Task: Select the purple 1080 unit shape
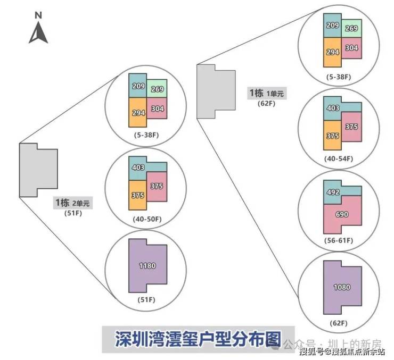(x=342, y=287)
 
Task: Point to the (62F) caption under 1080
(x=339, y=323)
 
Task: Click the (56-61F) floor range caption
(x=339, y=241)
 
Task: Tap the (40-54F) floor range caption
(x=339, y=158)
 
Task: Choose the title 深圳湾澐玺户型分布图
(x=198, y=339)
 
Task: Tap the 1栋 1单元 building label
(x=266, y=94)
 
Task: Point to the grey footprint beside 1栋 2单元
(x=38, y=169)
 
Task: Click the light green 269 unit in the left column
(x=157, y=89)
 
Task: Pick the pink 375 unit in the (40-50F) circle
(x=157, y=186)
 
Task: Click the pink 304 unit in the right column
(x=351, y=47)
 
